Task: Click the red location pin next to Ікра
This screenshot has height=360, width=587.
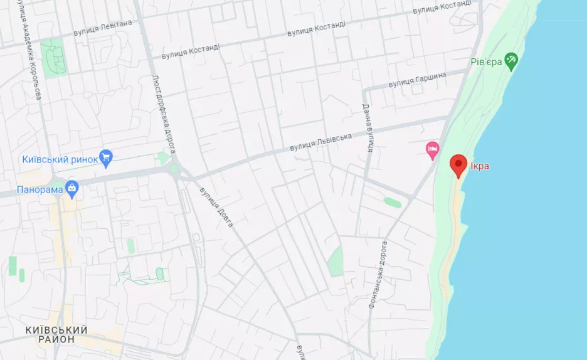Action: click(459, 164)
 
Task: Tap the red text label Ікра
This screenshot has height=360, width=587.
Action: click(480, 166)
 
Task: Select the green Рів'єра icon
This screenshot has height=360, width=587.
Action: click(512, 61)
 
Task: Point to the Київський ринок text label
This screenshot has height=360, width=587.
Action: click(60, 159)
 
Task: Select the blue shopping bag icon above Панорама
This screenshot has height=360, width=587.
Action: click(73, 187)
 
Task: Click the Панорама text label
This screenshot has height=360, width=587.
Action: click(41, 189)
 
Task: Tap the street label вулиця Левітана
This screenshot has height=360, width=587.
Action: click(103, 27)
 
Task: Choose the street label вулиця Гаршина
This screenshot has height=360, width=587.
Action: click(417, 80)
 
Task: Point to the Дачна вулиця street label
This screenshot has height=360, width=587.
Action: click(368, 129)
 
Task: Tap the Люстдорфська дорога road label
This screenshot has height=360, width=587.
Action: click(162, 114)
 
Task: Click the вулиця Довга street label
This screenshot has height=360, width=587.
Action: click(216, 207)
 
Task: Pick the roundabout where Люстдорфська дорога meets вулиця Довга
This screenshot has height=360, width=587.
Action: click(175, 169)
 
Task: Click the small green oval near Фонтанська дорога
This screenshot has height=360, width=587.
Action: click(392, 203)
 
